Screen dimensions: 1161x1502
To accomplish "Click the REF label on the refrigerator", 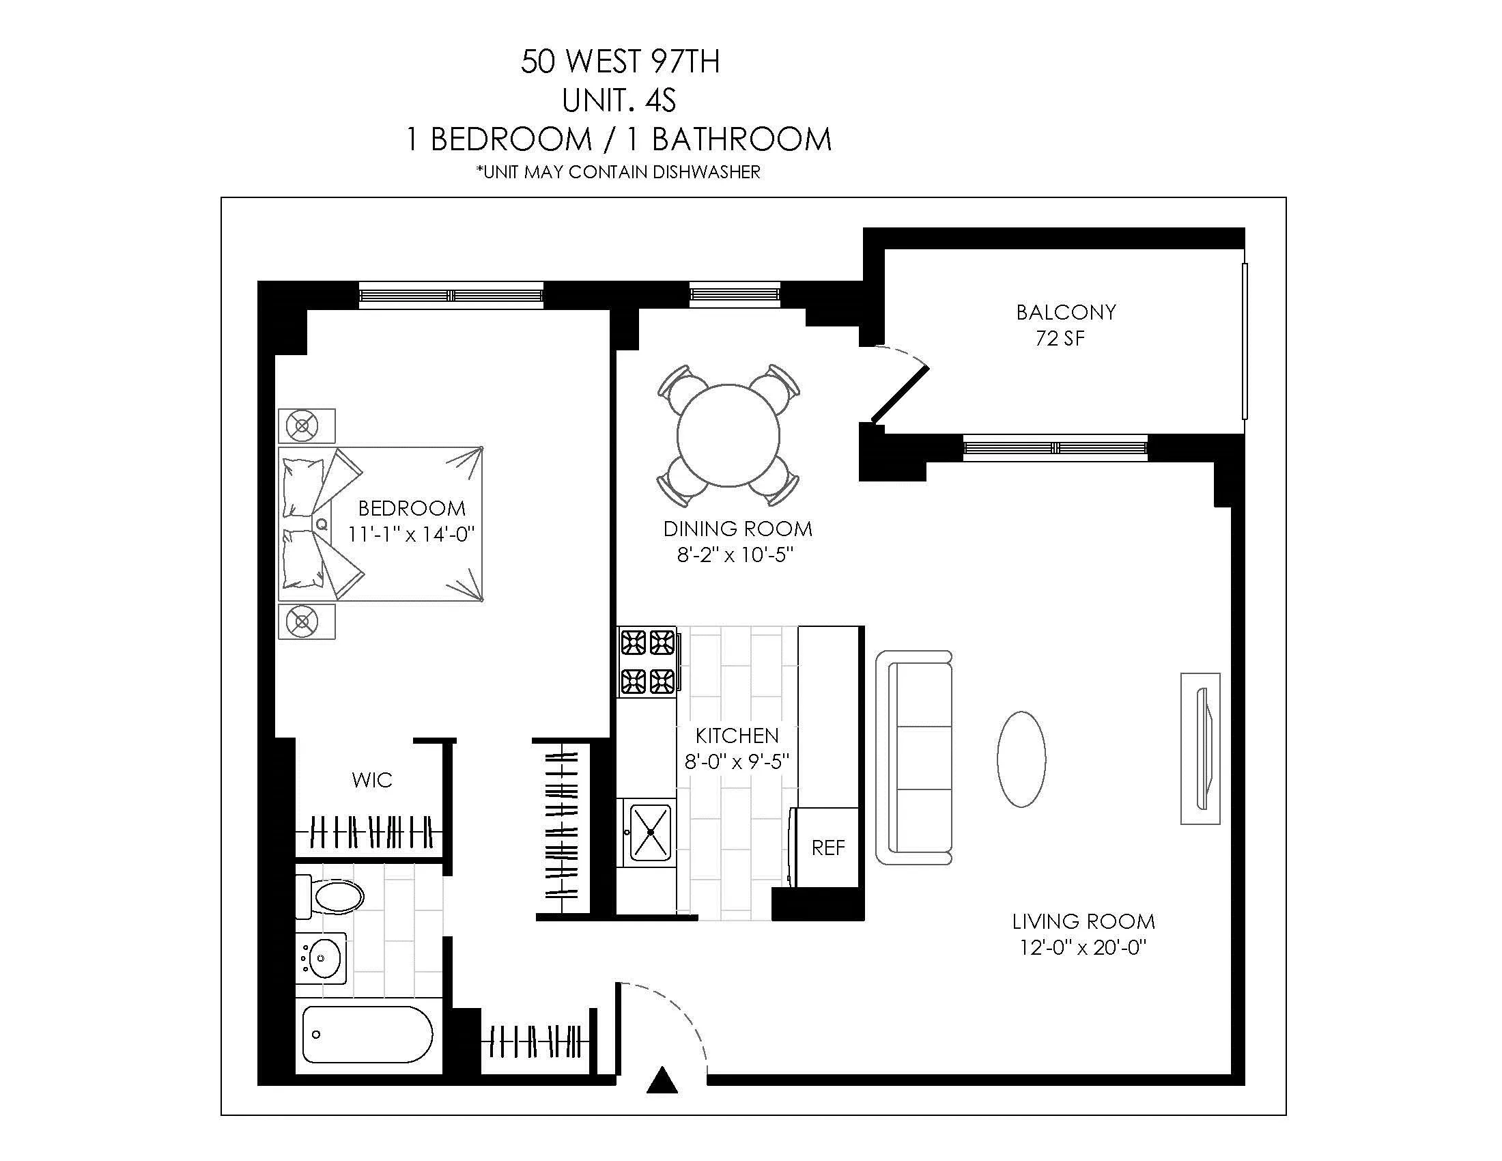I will pyautogui.click(x=827, y=848).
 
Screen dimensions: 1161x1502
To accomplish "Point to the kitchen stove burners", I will pyautogui.click(x=648, y=661).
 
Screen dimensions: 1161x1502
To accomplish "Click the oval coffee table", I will pyautogui.click(x=1021, y=759).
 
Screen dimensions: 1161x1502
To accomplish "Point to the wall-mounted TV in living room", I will pyautogui.click(x=1201, y=749).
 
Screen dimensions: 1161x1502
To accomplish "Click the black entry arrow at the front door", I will pyautogui.click(x=662, y=1080).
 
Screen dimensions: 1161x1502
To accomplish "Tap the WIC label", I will pyautogui.click(x=371, y=780).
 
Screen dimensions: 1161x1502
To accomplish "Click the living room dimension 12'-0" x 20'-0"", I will pyautogui.click(x=1083, y=948).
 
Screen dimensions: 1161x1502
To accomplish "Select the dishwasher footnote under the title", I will pyautogui.click(x=619, y=172).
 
